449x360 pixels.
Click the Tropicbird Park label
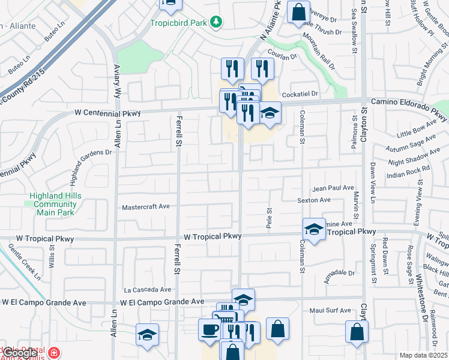click(178, 23)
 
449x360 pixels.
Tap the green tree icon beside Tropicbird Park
click(215, 23)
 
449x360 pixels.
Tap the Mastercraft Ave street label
click(146, 207)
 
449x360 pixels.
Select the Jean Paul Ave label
click(333, 188)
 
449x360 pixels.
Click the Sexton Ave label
click(314, 200)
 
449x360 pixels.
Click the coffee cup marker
click(209, 329)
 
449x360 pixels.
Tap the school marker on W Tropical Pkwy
click(313, 228)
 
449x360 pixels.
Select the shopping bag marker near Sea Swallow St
click(298, 12)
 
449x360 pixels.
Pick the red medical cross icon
click(55, 352)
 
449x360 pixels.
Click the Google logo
click(20, 353)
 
